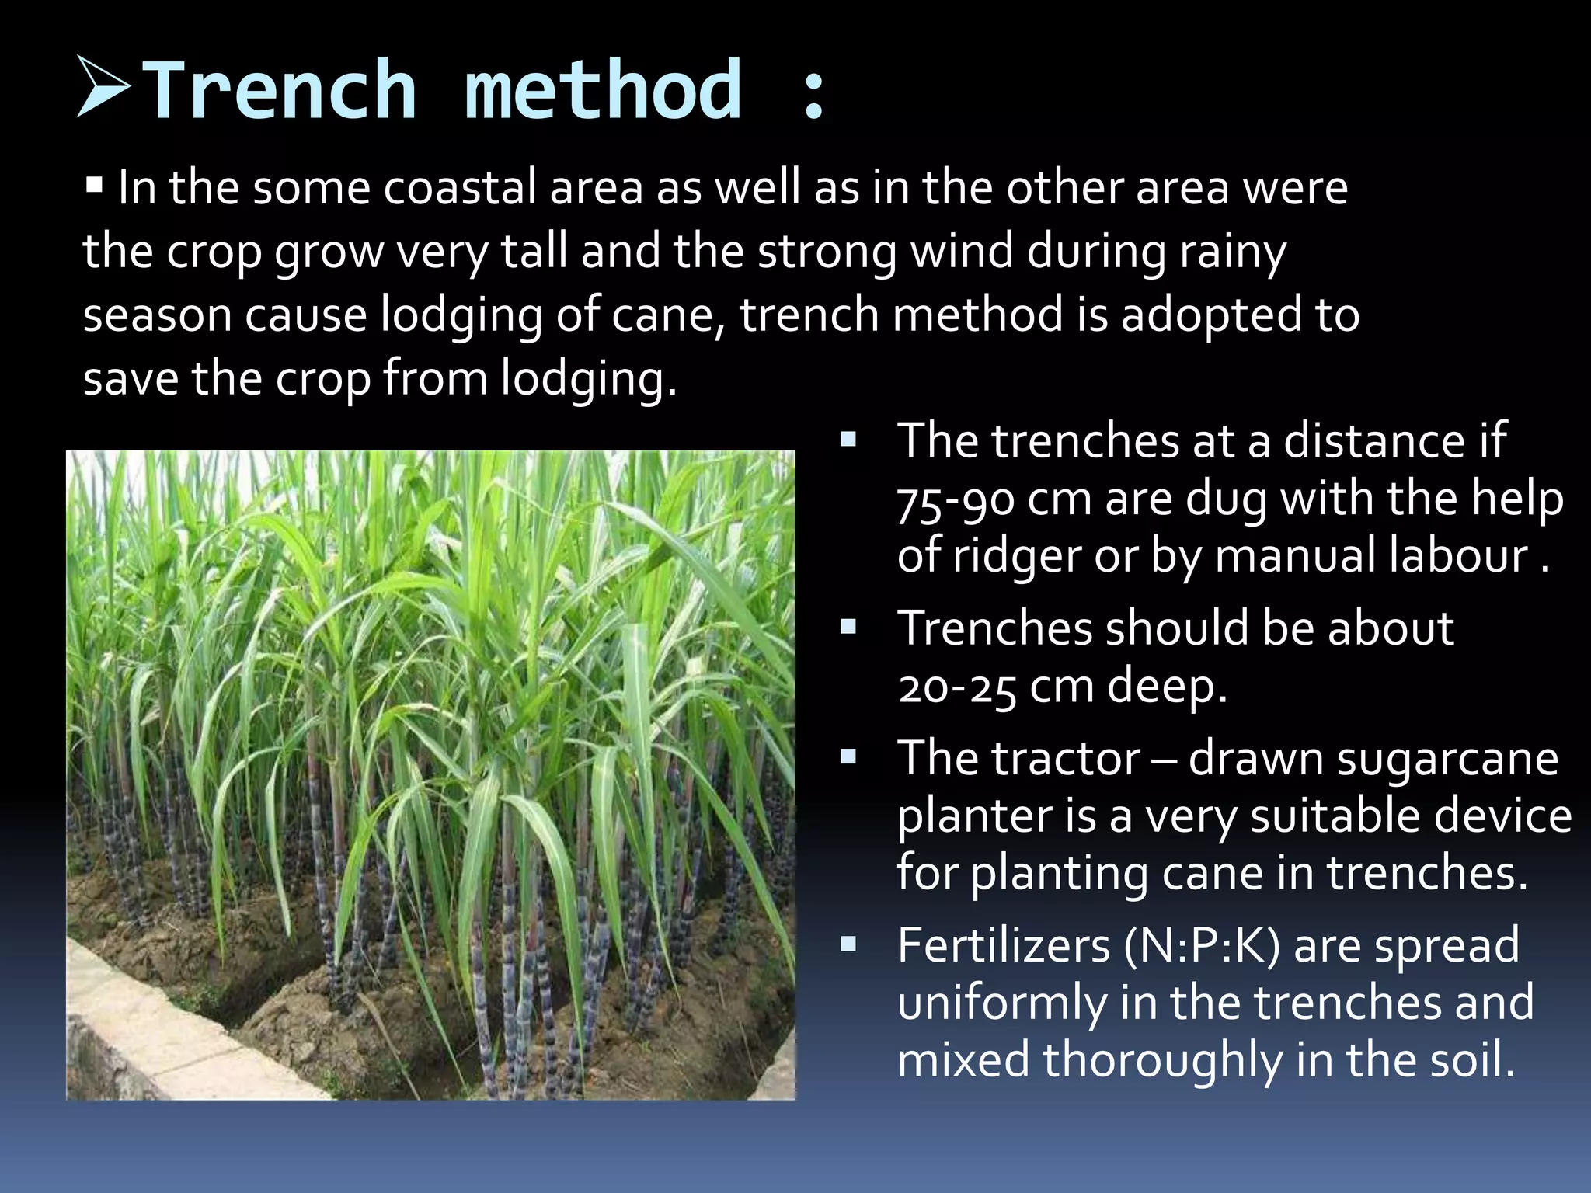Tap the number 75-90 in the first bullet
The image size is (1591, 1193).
[955, 501]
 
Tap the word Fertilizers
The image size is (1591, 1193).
[1004, 946]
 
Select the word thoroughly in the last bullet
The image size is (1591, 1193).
[1163, 1061]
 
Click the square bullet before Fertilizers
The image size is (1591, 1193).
[848, 944]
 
